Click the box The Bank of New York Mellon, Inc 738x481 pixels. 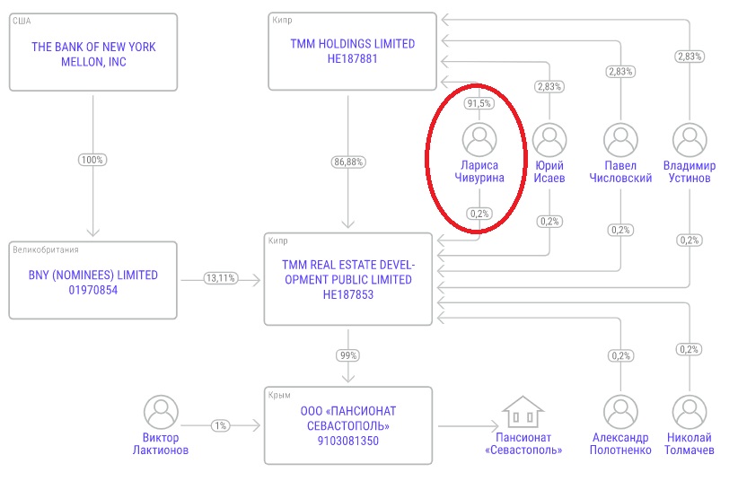[x=92, y=50]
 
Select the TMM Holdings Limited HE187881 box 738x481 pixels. [x=352, y=51]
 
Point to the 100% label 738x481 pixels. [x=92, y=160]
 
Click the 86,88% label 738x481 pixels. [x=347, y=162]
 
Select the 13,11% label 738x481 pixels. [x=220, y=278]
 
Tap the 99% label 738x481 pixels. [x=347, y=355]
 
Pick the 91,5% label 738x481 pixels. [x=479, y=103]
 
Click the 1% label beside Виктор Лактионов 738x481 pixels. [x=220, y=425]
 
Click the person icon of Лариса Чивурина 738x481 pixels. [x=479, y=140]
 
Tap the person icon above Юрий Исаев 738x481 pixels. [x=549, y=140]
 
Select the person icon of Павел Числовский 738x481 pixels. [x=619, y=140]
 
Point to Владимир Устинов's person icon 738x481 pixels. [x=689, y=140]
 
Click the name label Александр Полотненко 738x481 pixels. [x=619, y=443]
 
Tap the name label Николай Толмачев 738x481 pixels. [x=689, y=443]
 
